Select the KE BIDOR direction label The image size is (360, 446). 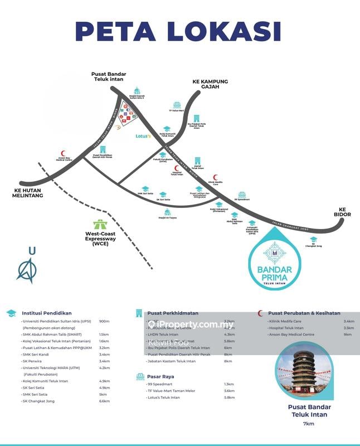tap(341, 211)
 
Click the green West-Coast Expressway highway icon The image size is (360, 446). tap(100, 224)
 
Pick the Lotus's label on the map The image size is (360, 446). tap(143, 135)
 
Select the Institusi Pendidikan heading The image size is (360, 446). tap(47, 313)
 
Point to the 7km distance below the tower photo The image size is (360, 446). tap(307, 425)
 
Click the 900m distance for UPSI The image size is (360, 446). tap(104, 322)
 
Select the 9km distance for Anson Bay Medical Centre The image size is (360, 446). tap(348, 334)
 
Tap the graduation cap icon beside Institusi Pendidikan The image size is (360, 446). tap(11, 313)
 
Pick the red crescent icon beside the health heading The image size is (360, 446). tap(260, 313)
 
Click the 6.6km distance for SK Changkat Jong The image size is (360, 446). tap(104, 401)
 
